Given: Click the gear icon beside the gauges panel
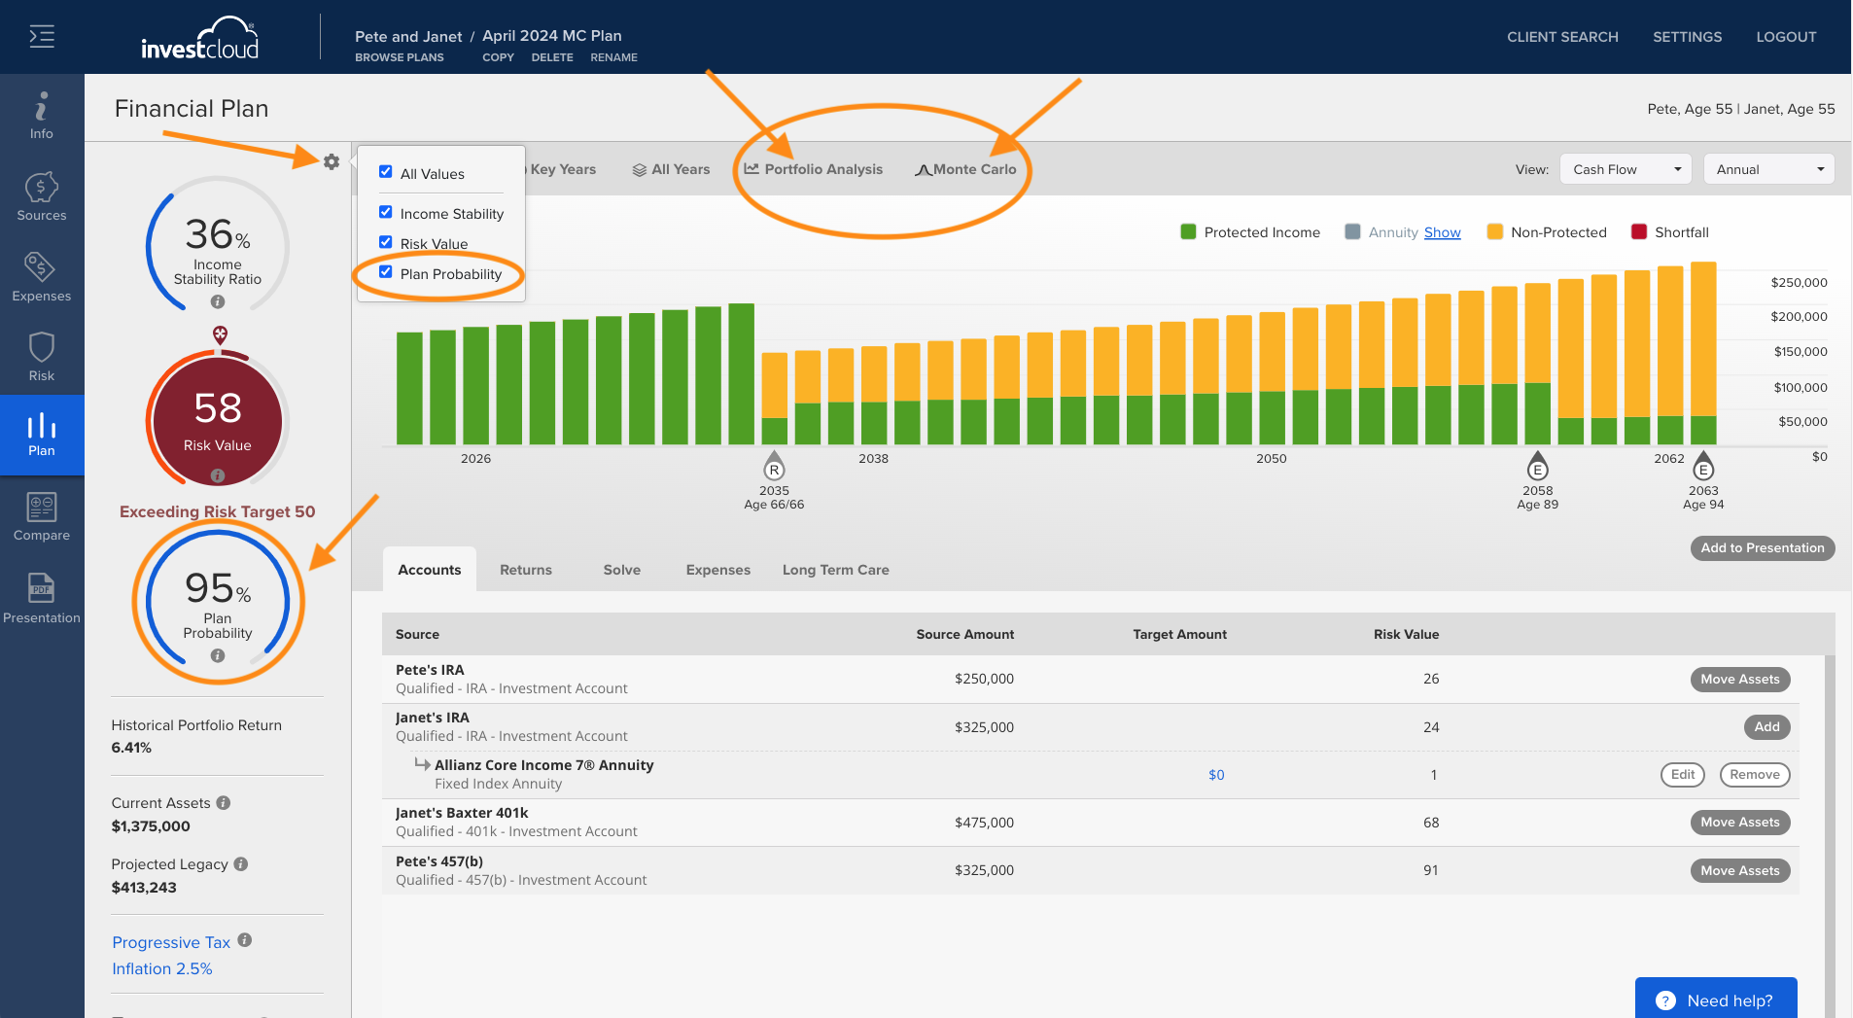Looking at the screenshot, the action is (x=332, y=161).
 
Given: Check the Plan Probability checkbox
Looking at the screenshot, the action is (x=386, y=272).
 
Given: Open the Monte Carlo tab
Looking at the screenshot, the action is (x=965, y=169).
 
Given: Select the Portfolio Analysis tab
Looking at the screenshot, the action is (x=814, y=169).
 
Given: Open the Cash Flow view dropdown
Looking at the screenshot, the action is (x=1626, y=169).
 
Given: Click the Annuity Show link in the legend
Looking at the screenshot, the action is (x=1442, y=232).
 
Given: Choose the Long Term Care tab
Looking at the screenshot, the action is (x=836, y=570).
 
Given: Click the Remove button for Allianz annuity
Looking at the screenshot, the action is (x=1755, y=775).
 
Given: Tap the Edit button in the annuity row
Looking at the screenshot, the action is (x=1683, y=775).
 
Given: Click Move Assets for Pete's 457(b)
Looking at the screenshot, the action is (x=1740, y=870).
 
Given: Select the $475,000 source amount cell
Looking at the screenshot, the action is (x=984, y=823).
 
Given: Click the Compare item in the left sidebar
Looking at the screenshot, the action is (x=42, y=516).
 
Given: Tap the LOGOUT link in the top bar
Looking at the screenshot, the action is (x=1786, y=37).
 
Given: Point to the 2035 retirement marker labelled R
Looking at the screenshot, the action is (x=774, y=468).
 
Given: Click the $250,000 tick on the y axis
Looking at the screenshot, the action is (x=1799, y=283).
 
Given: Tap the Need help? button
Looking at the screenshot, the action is (x=1716, y=999).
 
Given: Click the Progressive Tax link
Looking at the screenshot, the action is (x=171, y=942).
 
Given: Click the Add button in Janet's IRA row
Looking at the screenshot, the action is (x=1766, y=727).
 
